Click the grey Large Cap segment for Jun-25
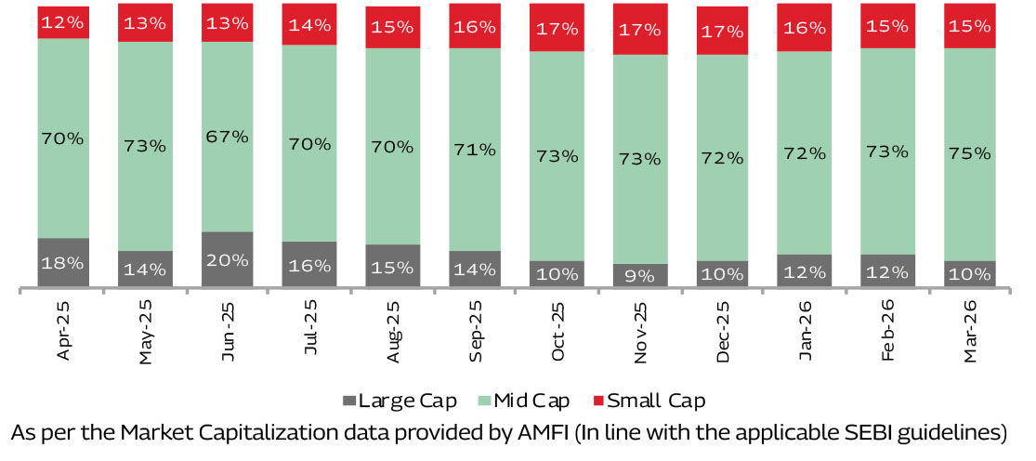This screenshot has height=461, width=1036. coord(227,258)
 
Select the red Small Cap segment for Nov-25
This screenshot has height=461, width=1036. coord(640,29)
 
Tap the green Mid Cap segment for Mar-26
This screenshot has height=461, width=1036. coord(970,154)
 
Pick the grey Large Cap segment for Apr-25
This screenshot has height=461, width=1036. coord(63,262)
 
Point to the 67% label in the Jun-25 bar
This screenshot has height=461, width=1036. coord(227,137)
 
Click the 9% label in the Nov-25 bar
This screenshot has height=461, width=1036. coord(640,275)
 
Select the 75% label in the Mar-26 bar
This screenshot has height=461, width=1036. coord(970,154)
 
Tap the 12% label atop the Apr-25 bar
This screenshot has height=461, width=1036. coord(63,20)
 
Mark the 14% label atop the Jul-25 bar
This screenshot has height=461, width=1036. coord(309,25)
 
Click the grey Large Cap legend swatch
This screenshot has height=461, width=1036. coord(350,402)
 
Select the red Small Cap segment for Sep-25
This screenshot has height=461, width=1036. coord(475,26)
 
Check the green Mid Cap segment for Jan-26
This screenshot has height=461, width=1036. coord(806,152)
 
